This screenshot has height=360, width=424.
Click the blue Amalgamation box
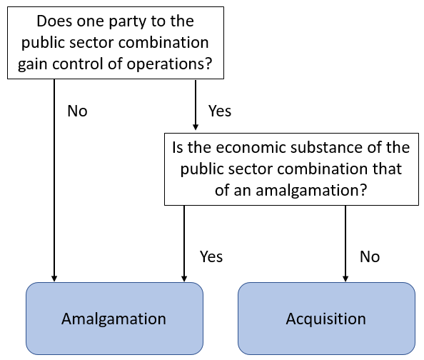(114, 319)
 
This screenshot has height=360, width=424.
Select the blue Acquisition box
(325, 319)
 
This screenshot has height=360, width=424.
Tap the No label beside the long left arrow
(77, 111)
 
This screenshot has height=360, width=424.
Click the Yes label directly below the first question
(220, 111)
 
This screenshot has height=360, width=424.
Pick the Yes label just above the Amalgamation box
(211, 256)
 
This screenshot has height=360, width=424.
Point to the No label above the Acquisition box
(369, 256)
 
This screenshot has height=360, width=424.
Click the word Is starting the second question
(179, 149)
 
